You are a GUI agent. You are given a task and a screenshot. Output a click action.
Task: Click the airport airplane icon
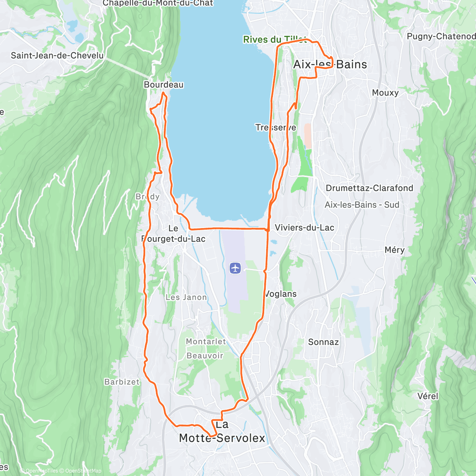pyautogui.click(x=236, y=268)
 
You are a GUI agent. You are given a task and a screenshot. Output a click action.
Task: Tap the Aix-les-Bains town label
pyautogui.click(x=330, y=65)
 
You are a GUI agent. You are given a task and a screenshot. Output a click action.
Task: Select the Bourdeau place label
pyautogui.click(x=163, y=85)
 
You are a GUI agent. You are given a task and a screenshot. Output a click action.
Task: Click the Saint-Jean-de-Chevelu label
pyautogui.click(x=57, y=56)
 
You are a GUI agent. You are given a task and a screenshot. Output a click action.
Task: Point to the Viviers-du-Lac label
pyautogui.click(x=304, y=228)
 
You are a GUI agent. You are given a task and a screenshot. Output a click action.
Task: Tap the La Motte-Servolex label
pyautogui.click(x=222, y=432)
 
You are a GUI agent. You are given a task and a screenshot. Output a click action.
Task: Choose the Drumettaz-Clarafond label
pyautogui.click(x=369, y=188)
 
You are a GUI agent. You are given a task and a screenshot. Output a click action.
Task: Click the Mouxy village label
pyautogui.click(x=385, y=93)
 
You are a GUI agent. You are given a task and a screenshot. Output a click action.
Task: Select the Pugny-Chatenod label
pyautogui.click(x=441, y=36)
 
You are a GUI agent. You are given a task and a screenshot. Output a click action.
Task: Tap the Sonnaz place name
pyautogui.click(x=323, y=342)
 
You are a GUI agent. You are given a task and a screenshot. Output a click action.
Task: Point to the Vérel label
pyautogui.click(x=428, y=396)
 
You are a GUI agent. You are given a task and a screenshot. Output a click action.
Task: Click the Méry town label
pyautogui.click(x=394, y=250)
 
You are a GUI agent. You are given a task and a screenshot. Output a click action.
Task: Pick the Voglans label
pyautogui.click(x=280, y=294)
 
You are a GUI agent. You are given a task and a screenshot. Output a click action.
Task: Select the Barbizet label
pyautogui.click(x=122, y=382)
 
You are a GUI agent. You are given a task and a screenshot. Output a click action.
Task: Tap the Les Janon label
pyautogui.click(x=186, y=297)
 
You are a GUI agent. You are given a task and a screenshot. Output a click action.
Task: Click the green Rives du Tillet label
pyautogui.click(x=274, y=39)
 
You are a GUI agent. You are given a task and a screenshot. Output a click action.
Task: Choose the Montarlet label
pyautogui.click(x=206, y=342)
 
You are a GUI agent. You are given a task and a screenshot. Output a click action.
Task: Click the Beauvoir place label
pyautogui.click(x=205, y=356)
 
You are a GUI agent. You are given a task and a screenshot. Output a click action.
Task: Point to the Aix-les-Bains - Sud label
pyautogui.click(x=362, y=205)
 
